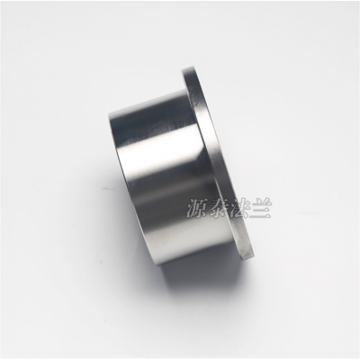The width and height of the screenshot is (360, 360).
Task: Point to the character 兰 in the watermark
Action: (x=261, y=209)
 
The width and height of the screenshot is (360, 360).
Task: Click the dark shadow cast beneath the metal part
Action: (x=195, y=279)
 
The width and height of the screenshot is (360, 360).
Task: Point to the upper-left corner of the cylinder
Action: (x=109, y=114)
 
